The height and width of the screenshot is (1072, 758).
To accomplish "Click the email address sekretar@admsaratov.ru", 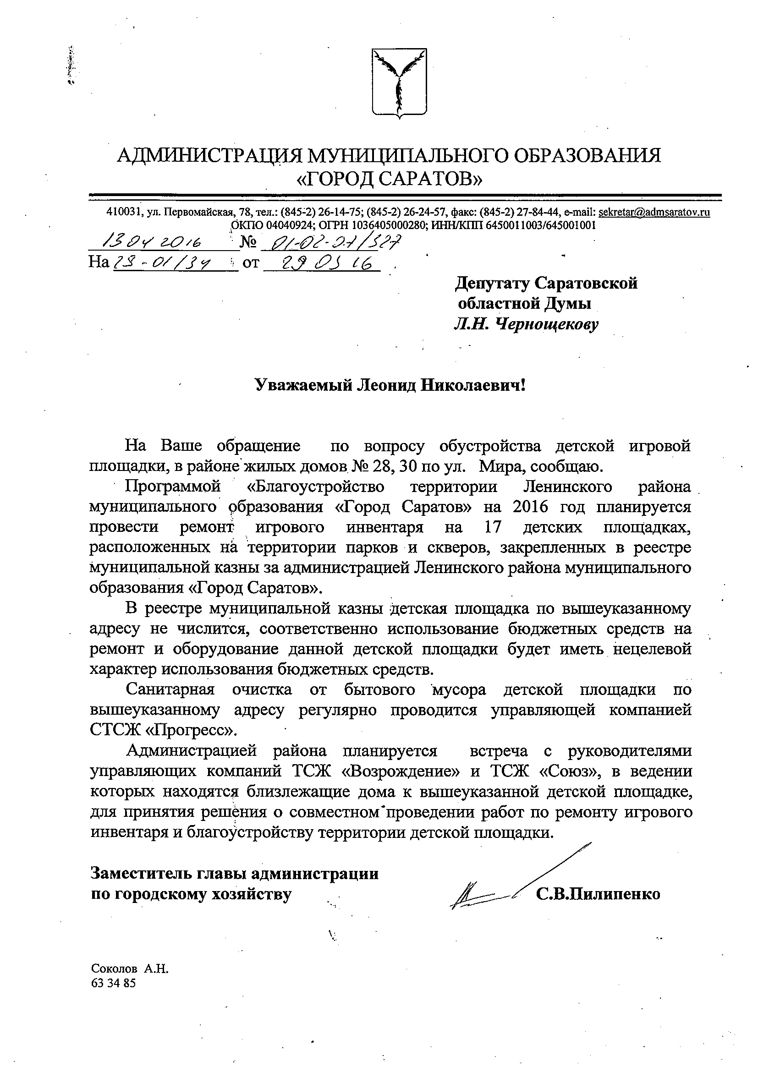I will [x=654, y=212].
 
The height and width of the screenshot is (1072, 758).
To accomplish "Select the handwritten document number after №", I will [x=331, y=242].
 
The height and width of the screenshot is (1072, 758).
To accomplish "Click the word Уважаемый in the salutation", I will [x=301, y=386].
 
